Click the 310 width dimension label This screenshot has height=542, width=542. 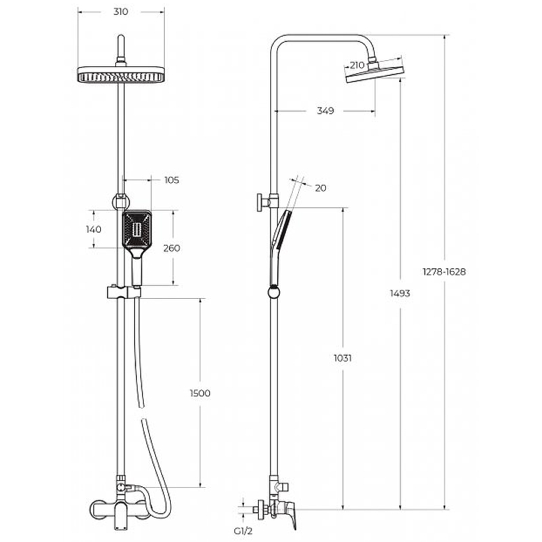pos(121,12)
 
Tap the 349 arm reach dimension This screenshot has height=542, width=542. pos(325,110)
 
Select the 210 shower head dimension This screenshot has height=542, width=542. pos(357,65)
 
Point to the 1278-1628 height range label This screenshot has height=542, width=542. pos(444,272)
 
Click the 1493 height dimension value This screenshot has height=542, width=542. pos(400,293)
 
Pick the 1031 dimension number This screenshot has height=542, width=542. pos(343,358)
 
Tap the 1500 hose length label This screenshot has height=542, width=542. pos(200,394)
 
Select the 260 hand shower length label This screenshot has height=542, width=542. pos(171,248)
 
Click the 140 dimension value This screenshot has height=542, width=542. pos(93,229)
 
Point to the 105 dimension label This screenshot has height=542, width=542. pos(171,180)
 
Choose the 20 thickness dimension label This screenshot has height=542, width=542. pos(320,188)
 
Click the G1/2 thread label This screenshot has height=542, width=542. pos(243,531)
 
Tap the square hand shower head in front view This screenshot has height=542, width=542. pos(137,230)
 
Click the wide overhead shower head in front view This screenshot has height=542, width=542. pos(121,75)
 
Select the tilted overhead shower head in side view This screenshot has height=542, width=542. pos(375,72)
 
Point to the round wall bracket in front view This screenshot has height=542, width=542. pos(121,202)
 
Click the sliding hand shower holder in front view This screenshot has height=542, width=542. pos(124,292)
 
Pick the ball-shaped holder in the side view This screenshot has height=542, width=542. pos(274,293)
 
